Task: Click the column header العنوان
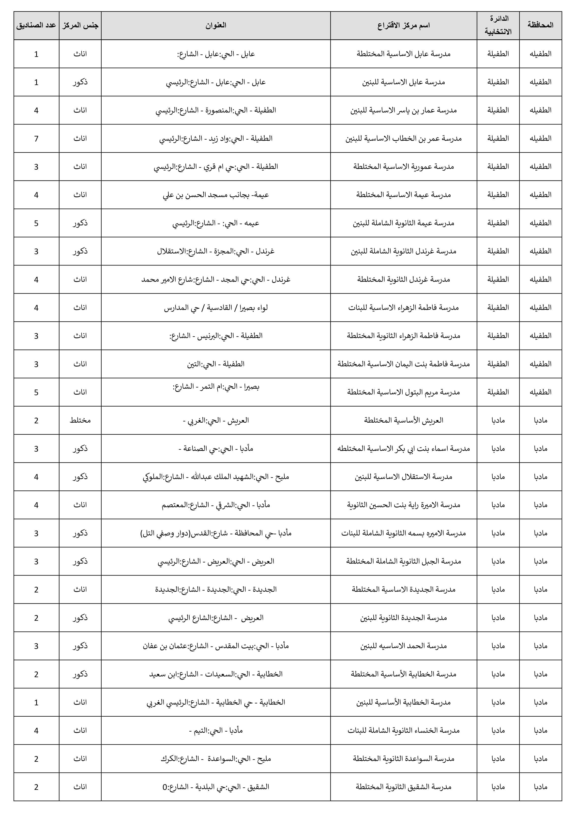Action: pos(216,25)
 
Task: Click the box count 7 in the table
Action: pos(36,138)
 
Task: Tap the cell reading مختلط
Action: pos(80,420)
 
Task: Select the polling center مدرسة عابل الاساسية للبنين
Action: pos(404,82)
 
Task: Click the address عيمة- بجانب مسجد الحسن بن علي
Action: pos(216,195)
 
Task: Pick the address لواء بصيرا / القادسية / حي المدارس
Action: pos(216,308)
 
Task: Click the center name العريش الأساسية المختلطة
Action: pos(404,420)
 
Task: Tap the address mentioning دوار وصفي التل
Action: pos(216,533)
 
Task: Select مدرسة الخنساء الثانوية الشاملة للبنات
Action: pos(404,730)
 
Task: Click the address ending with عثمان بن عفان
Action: pos(216,646)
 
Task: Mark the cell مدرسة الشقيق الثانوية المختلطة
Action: pos(404,787)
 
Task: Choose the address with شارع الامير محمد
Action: pos(216,279)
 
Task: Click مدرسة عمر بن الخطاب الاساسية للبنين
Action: pos(404,138)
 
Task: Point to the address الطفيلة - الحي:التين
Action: pos(216,364)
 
